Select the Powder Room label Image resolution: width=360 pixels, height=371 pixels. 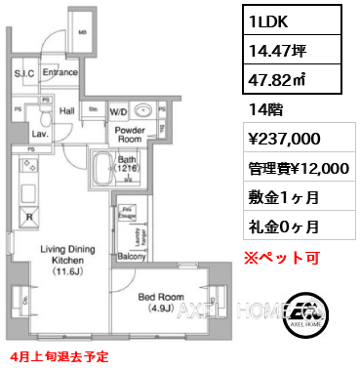[129, 135]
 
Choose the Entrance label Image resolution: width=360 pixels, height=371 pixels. [59, 72]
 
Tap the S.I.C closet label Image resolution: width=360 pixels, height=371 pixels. [24, 72]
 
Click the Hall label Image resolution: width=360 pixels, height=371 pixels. [66, 110]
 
